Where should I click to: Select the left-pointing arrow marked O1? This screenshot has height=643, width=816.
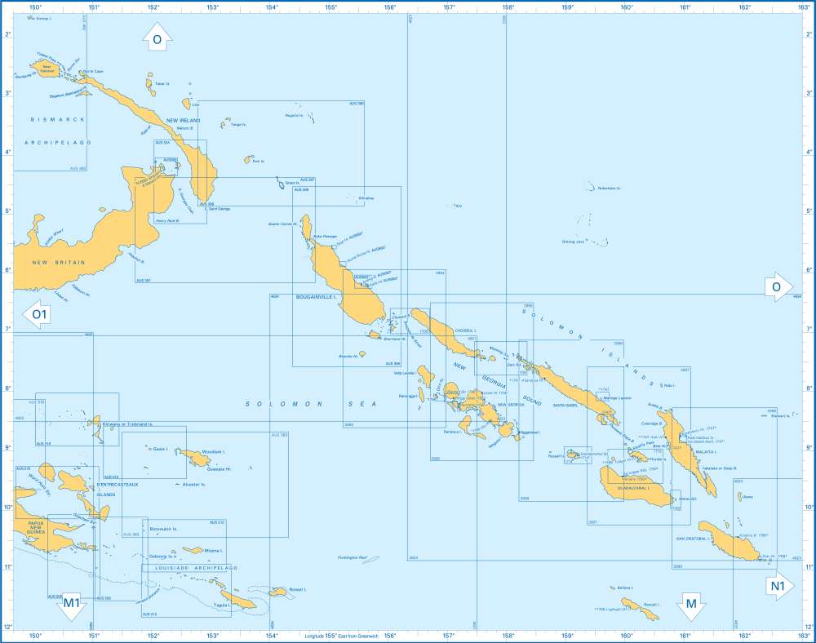point(38,314)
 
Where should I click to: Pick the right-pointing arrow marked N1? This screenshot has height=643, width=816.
point(778,586)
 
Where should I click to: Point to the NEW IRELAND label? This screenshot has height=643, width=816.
point(183,120)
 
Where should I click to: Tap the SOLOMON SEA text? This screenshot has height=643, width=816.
point(284,404)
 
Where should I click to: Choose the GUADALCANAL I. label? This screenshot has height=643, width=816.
point(630,487)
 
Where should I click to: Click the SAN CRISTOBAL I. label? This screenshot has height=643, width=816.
point(692,539)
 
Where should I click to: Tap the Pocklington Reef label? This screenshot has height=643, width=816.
point(353,558)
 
